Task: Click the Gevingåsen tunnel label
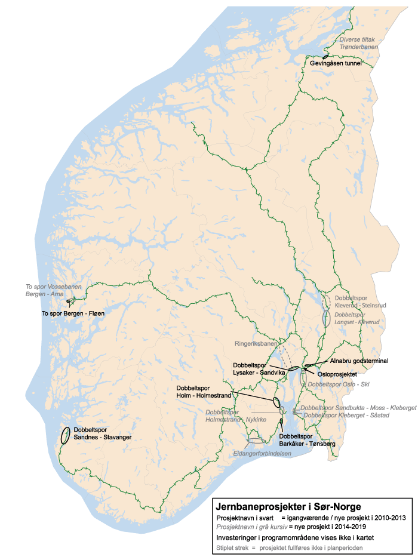[x=336, y=62]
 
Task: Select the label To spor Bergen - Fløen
[x=69, y=313]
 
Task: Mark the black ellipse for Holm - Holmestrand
[x=276, y=401]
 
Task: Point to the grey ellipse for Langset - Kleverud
[x=326, y=318]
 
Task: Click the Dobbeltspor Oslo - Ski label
[x=339, y=385]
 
